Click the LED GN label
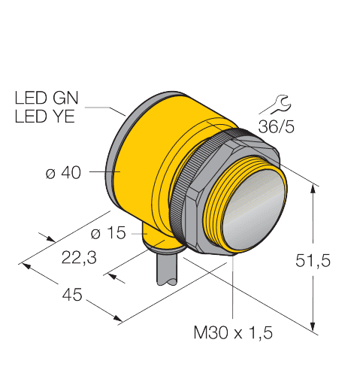point(47,98)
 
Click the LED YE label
point(45,117)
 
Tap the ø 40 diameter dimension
point(63,173)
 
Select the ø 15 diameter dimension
point(108,233)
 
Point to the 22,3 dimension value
point(79,258)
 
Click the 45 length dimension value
point(72,295)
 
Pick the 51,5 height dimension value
point(313,260)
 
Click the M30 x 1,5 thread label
point(233,333)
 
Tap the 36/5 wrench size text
point(277,127)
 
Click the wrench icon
point(280,104)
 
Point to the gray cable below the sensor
point(167,269)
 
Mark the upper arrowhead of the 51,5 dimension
point(313,189)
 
